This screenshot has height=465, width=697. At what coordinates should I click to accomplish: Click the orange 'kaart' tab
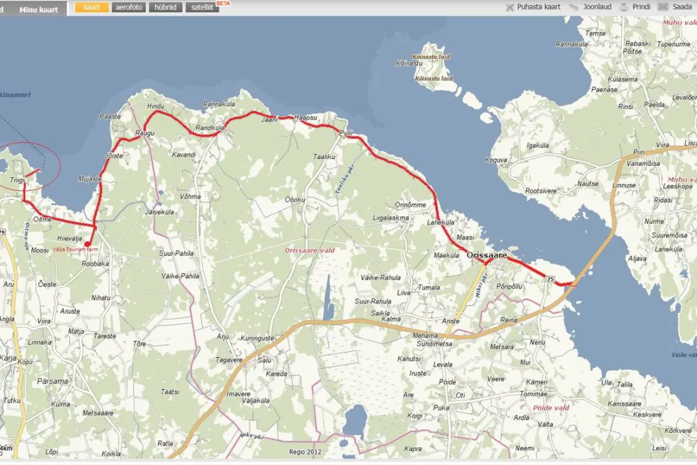tap(91, 8)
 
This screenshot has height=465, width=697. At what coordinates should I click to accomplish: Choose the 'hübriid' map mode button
tap(165, 8)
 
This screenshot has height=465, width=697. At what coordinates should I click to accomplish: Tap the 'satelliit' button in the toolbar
tap(202, 8)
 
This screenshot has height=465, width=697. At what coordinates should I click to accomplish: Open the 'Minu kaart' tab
tap(38, 9)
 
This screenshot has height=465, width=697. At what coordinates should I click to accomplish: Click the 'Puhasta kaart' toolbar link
tap(533, 7)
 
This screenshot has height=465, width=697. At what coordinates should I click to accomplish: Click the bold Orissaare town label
tap(487, 256)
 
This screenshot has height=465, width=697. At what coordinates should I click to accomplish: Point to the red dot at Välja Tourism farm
tap(86, 244)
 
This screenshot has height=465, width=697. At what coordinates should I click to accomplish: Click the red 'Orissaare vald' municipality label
tap(309, 250)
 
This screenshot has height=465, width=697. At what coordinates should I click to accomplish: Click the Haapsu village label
tap(306, 117)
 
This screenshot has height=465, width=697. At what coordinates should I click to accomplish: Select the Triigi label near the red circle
tap(17, 180)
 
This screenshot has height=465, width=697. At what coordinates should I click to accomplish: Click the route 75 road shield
tap(551, 280)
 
